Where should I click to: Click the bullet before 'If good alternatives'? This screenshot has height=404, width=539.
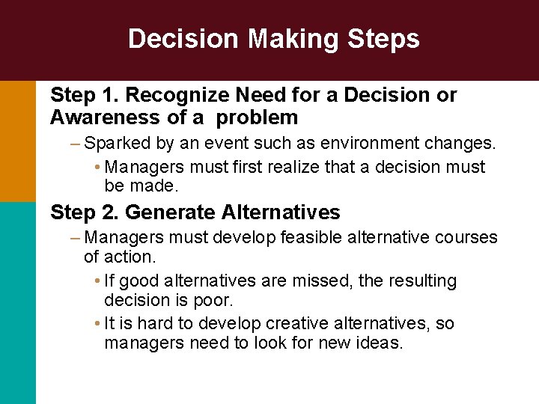(x=100, y=281)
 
